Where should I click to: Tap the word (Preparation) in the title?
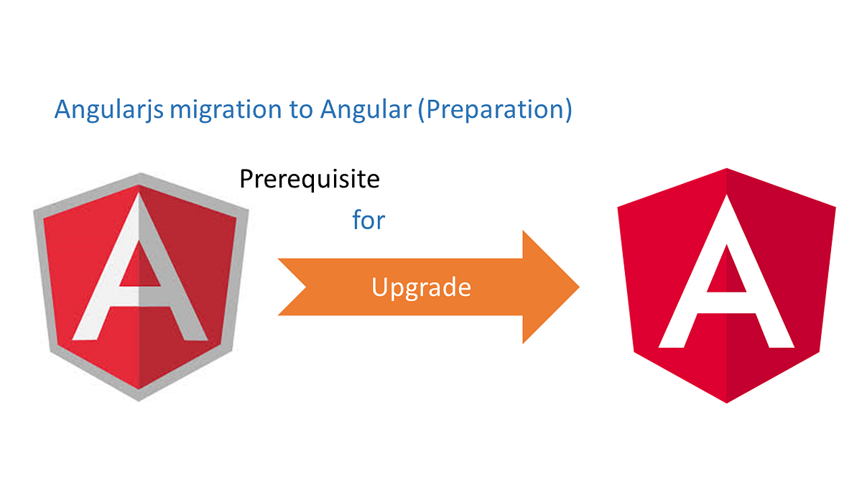tap(496, 110)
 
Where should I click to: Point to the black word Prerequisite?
tap(309, 179)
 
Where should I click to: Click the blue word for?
tap(369, 220)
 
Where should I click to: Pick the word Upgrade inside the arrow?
tap(421, 287)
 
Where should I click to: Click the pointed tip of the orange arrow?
tap(578, 287)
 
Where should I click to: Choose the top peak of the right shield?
tap(726, 169)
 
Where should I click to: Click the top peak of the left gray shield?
tap(140, 174)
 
